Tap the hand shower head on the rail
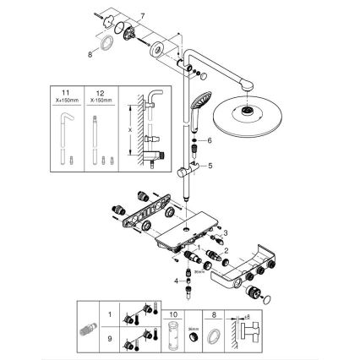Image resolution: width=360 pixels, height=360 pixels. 198,101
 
